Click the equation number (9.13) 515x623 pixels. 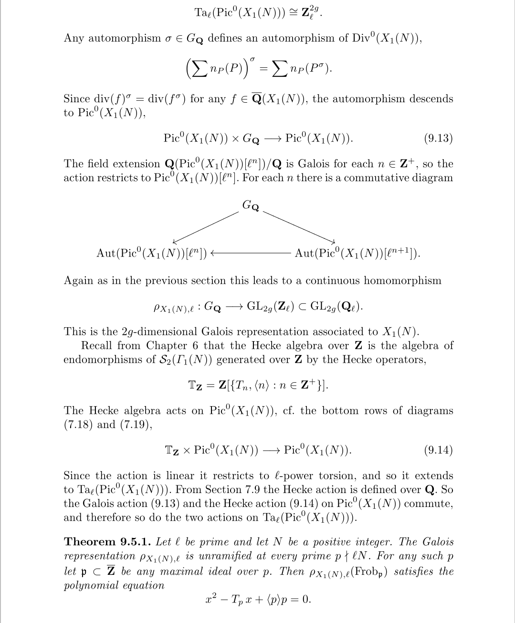click(438, 139)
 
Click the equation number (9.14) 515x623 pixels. click(438, 450)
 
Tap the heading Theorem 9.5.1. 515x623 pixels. click(108, 542)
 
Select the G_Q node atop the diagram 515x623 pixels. click(251, 206)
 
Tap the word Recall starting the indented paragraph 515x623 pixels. click(97, 345)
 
